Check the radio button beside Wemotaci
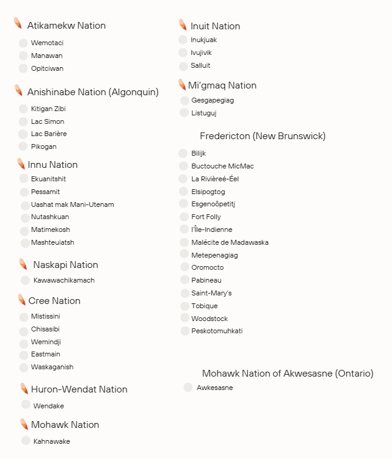point(23,43)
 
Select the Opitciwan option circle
point(23,68)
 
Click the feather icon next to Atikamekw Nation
point(18,24)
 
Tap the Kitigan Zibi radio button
point(23,109)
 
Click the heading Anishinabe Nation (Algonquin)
point(93,92)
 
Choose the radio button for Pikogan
point(23,146)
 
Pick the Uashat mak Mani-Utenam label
point(72,204)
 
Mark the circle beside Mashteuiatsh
point(24,242)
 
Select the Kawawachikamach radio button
point(25,280)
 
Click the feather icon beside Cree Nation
point(21,300)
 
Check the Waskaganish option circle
point(24,367)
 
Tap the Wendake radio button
point(26,404)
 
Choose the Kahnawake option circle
point(26,440)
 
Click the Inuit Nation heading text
point(215,26)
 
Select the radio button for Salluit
point(183,65)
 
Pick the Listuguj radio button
point(184,113)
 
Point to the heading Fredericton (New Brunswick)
point(263,136)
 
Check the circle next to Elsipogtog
point(183,192)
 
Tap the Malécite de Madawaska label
point(230,242)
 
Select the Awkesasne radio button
point(188,387)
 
